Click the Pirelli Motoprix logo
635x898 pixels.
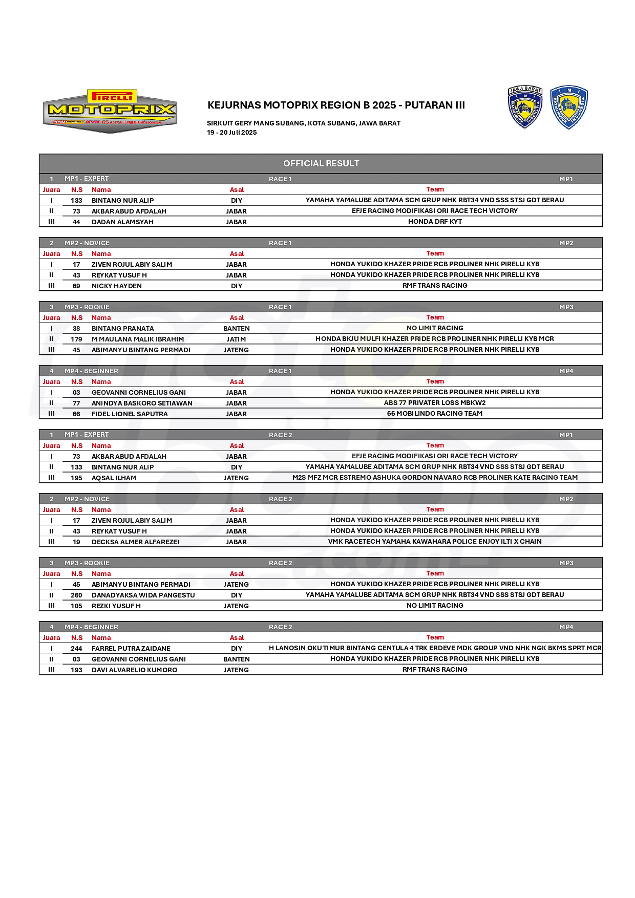point(110,111)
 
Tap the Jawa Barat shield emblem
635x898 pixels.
point(524,107)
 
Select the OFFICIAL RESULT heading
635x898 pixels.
point(321,164)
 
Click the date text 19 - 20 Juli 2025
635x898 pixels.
point(231,133)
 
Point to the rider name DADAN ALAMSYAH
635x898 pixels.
point(122,222)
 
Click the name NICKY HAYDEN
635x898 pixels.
point(116,286)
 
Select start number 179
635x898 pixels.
point(76,339)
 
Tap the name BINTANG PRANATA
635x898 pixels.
point(122,329)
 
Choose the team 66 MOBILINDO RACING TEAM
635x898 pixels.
point(434,414)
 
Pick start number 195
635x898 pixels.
point(76,478)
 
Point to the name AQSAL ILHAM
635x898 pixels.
point(114,478)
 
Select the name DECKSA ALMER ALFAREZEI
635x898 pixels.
point(135,542)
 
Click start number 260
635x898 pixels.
point(76,595)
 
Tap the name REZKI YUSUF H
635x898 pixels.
point(116,606)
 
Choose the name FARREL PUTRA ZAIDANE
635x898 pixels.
point(131,649)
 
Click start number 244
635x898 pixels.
point(76,649)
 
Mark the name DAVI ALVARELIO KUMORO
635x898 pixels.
point(134,670)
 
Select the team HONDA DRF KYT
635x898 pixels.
point(435,222)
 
